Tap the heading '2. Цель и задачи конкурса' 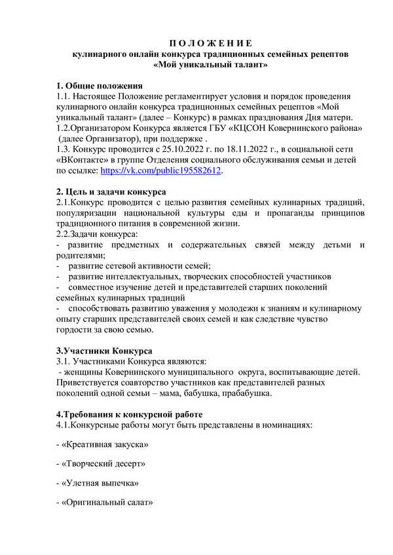[111, 192]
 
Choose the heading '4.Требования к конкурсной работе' [129, 414]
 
